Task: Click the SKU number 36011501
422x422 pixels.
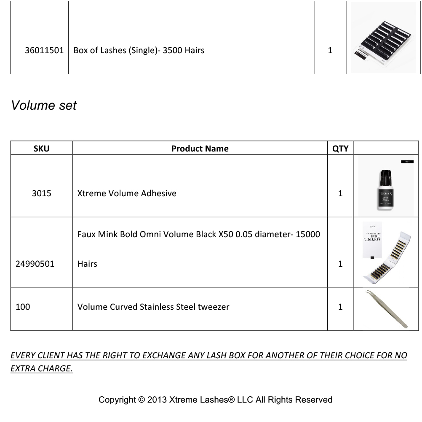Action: (44, 50)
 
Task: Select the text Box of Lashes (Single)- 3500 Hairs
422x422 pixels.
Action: (139, 50)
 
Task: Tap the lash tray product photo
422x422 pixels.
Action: (382, 38)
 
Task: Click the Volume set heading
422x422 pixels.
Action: (44, 105)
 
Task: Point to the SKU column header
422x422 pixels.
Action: (41, 149)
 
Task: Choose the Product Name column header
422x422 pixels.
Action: (200, 149)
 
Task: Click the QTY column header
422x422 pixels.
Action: (340, 149)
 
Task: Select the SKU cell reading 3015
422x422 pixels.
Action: (41, 193)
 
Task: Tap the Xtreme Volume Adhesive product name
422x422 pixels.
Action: (127, 193)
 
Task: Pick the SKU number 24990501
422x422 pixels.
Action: (35, 264)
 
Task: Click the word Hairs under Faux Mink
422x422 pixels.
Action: (87, 264)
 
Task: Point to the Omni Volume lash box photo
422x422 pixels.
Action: (385, 252)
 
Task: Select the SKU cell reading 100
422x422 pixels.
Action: (23, 307)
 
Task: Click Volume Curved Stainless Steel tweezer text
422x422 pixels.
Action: (153, 307)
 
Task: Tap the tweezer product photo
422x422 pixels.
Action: (386, 309)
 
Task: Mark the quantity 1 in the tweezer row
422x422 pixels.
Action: (340, 307)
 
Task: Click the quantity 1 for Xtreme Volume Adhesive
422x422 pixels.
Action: (340, 193)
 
